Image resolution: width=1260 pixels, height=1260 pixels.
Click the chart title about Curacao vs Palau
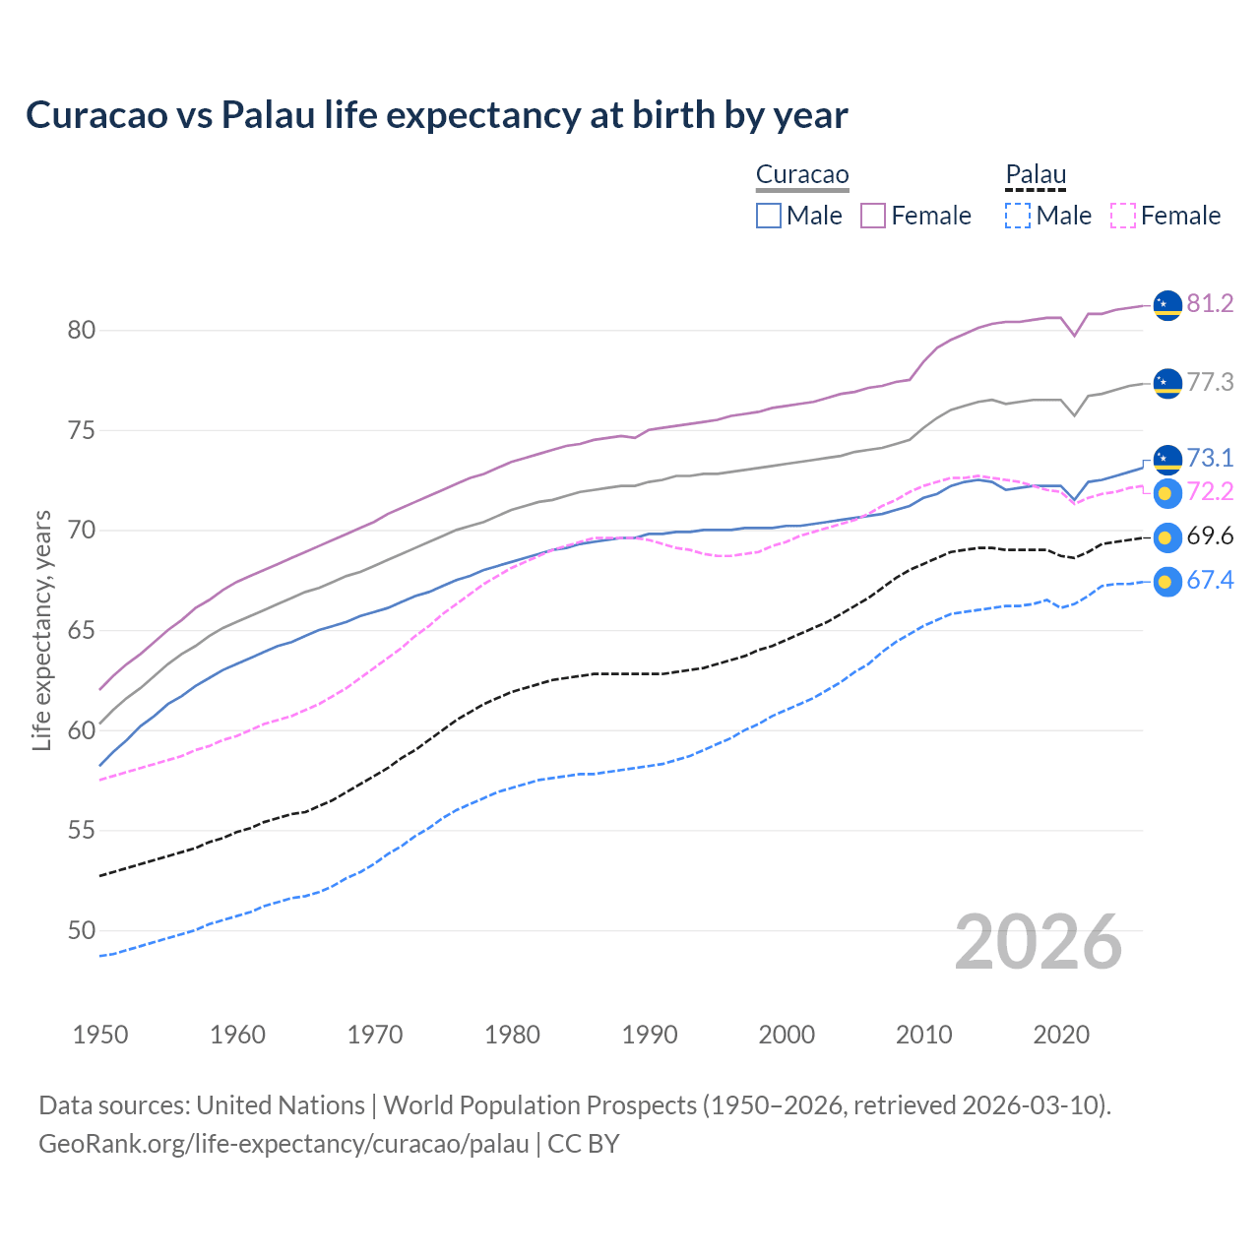[x=436, y=115]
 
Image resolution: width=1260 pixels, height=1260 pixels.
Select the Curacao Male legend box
[x=769, y=216]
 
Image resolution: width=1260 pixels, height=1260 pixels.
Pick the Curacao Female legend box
[x=873, y=216]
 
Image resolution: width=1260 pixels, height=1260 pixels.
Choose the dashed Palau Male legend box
[x=1018, y=216]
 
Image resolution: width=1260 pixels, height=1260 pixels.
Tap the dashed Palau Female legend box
[x=1123, y=216]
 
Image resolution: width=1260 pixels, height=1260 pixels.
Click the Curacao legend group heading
[x=802, y=175]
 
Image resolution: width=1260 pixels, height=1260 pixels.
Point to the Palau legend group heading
[x=1036, y=175]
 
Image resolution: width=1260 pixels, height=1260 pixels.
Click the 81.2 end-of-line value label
[x=1210, y=303]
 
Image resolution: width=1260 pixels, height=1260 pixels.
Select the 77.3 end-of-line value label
[x=1210, y=382]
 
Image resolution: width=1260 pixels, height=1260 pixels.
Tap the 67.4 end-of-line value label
[x=1210, y=581]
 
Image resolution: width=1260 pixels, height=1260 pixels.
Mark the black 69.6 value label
[x=1210, y=536]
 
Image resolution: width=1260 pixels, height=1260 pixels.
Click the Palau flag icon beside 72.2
[x=1166, y=493]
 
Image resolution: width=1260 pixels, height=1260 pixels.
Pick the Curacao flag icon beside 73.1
[x=1166, y=459]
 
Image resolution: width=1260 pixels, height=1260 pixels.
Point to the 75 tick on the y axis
[x=82, y=430]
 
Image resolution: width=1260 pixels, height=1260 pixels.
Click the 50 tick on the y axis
[x=82, y=930]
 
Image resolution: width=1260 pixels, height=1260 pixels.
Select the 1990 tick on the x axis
[x=650, y=1035]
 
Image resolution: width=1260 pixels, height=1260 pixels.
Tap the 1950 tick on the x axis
[x=100, y=1035]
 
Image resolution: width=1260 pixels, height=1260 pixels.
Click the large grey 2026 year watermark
[x=1039, y=942]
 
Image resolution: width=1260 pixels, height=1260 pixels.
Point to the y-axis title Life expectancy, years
[x=41, y=630]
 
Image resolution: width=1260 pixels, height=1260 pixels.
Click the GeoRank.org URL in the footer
[x=283, y=1144]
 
